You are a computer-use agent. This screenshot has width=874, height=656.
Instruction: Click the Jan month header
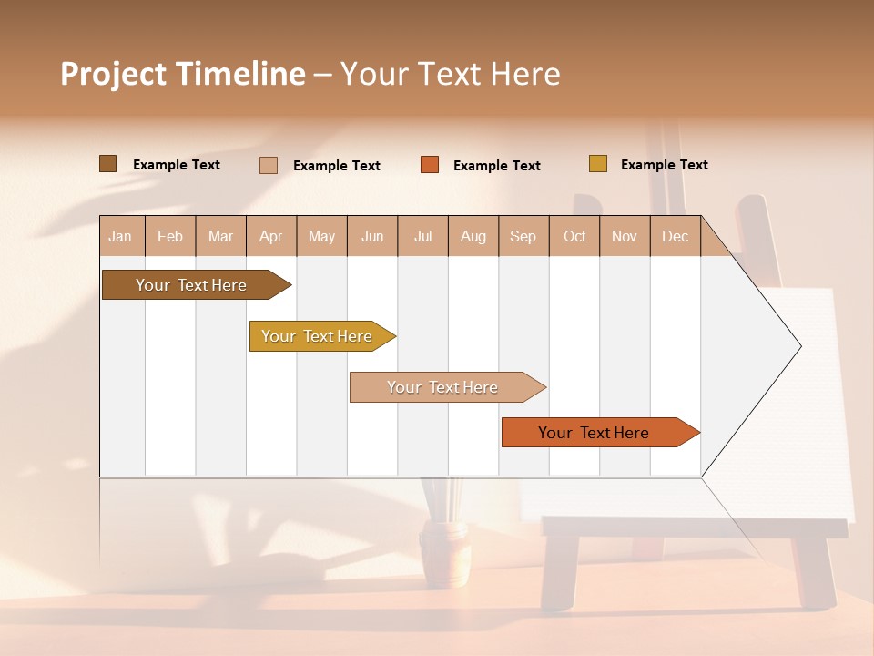tap(120, 236)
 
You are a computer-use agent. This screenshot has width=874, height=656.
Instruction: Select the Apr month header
tap(270, 236)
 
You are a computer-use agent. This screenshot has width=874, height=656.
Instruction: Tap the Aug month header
tap(473, 236)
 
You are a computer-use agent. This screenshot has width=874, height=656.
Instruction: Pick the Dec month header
tap(675, 236)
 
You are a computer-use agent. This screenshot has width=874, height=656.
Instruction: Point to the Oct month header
tap(574, 236)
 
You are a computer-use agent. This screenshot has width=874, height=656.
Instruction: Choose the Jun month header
tap(372, 236)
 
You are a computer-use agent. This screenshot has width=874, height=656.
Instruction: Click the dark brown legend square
tap(107, 164)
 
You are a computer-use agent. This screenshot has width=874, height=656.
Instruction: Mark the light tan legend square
tap(268, 165)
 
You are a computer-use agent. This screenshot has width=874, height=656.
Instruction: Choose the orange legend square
tap(430, 165)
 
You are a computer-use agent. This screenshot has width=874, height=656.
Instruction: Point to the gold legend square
tap(597, 164)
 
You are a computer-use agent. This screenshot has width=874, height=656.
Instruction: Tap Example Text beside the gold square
tap(664, 165)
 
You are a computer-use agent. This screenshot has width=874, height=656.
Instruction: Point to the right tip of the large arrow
tap(799, 346)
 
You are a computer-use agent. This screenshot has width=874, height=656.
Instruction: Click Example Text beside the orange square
tap(496, 166)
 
